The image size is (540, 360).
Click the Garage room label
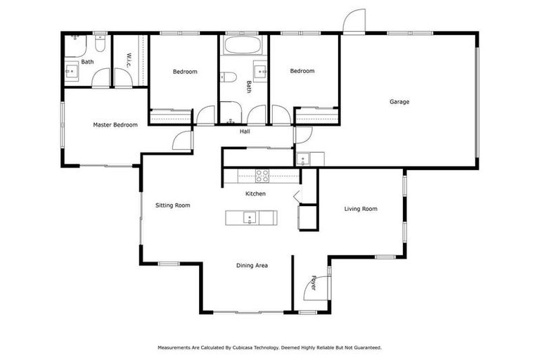[399, 102]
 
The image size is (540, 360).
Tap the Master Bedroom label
[115, 125]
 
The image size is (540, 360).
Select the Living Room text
[360, 209]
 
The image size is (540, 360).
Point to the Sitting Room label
[173, 205]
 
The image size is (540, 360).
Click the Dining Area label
[252, 265]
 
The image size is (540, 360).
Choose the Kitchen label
[255, 193]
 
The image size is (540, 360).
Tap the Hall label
[245, 131]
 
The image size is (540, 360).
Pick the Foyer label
[314, 282]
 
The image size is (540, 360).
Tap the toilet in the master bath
[100, 46]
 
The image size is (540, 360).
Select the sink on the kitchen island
[248, 218]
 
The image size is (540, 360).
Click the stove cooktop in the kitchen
[262, 175]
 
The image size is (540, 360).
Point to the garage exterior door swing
[354, 21]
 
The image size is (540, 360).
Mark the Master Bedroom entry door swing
[183, 140]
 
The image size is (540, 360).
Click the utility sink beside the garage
[302, 158]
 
